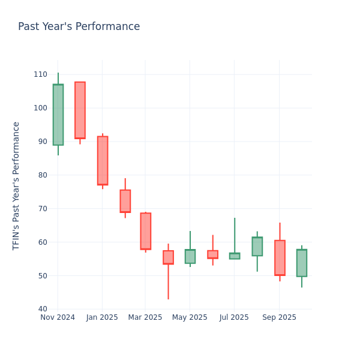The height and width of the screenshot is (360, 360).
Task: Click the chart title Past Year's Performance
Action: pyautogui.click(x=79, y=27)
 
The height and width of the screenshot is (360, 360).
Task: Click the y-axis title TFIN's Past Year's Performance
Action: pyautogui.click(x=17, y=185)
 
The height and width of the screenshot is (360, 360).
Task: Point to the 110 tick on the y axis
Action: pyautogui.click(x=40, y=74)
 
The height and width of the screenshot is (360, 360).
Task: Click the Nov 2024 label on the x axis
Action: pyautogui.click(x=58, y=317)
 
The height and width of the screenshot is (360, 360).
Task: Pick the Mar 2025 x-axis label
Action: pyautogui.click(x=145, y=317)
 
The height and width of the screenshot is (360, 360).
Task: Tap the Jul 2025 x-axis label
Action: pyautogui.click(x=234, y=317)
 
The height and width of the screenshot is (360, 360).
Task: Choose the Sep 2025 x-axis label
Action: pyautogui.click(x=279, y=317)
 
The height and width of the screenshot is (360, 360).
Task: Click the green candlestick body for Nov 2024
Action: pyautogui.click(x=58, y=115)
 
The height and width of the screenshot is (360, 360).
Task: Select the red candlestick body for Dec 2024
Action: pyautogui.click(x=80, y=110)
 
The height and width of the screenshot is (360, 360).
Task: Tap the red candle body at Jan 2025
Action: pyautogui.click(x=103, y=160)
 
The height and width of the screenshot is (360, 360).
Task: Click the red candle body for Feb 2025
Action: pyautogui.click(x=125, y=201)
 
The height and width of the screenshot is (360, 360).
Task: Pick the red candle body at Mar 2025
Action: pyautogui.click(x=145, y=231)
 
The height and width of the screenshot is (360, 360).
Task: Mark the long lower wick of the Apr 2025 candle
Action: pyautogui.click(x=168, y=282)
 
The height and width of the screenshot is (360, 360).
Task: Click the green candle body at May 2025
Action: pyautogui.click(x=190, y=256)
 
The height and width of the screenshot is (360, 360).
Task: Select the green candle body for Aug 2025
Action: pyautogui.click(x=257, y=246)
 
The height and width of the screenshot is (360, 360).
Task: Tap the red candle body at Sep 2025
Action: pyautogui.click(x=280, y=258)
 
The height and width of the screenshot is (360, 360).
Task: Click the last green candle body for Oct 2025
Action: pyautogui.click(x=301, y=263)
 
